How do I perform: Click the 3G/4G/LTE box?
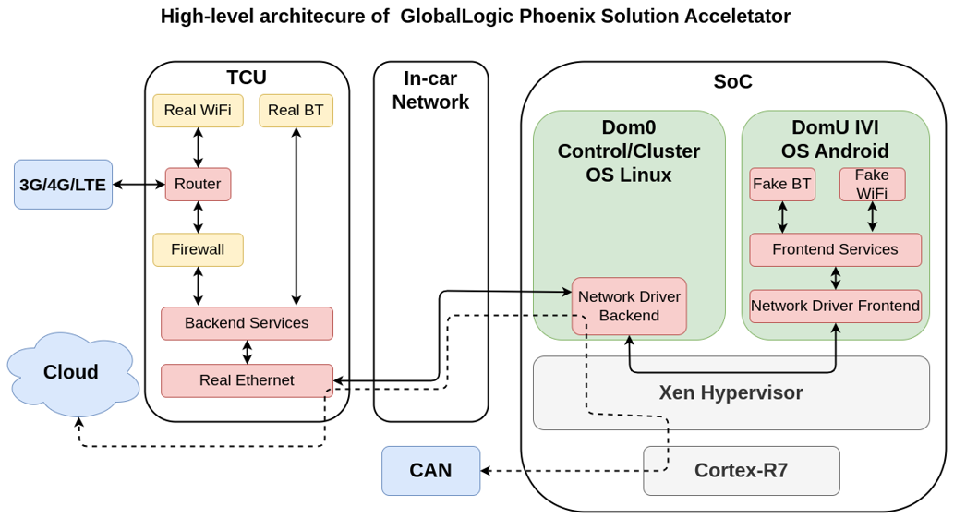point(63,185)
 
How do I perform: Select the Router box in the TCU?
point(198,184)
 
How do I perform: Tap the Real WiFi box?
point(198,111)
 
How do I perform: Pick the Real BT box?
point(296,111)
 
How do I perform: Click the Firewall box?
point(198,249)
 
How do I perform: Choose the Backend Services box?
point(247,323)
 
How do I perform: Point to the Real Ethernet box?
point(247,379)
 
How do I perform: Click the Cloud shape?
point(71,373)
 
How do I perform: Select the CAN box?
point(430,470)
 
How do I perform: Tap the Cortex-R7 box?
point(741,470)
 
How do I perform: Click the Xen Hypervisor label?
point(731,392)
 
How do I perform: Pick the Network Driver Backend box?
point(629,306)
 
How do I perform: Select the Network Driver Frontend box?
point(835,306)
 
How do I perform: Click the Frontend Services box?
point(835,249)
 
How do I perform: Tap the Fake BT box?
point(782,184)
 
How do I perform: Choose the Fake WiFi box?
point(872,184)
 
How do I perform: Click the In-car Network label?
point(430,90)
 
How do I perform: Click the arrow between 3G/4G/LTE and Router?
point(139,185)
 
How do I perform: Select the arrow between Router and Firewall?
point(198,217)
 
